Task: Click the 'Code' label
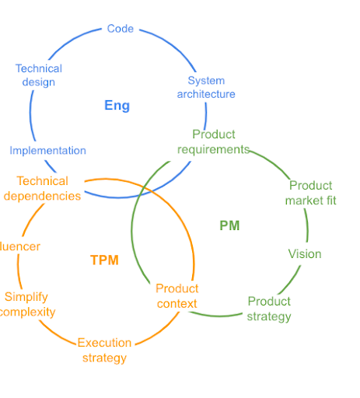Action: pos(121,29)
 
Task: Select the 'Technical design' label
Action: pos(39,75)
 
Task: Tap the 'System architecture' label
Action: pos(206,87)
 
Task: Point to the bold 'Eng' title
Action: pos(117,106)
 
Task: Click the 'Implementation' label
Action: pos(47,151)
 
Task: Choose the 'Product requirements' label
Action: pos(213,141)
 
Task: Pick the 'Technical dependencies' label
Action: pos(42,189)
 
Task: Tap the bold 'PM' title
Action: pos(229,225)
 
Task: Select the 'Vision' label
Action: pos(305,254)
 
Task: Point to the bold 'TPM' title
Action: pos(104,260)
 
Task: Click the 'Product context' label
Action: pos(177,296)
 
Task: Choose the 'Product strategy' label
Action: pos(269,309)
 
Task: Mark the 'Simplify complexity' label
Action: pos(26,304)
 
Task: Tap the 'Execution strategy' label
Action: pos(104,350)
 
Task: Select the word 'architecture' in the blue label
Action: pos(206,94)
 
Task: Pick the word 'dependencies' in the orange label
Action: pos(42,196)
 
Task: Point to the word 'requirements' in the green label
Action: pos(213,149)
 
